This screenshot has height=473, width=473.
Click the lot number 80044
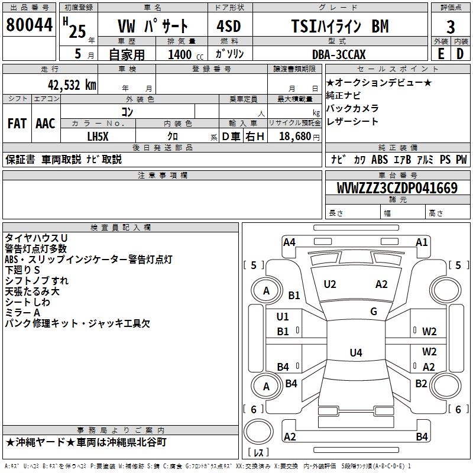coord(28,25)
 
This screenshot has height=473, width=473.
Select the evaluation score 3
coord(451,27)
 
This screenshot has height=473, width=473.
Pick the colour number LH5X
coord(98,136)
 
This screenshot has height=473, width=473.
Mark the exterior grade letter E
coord(440,54)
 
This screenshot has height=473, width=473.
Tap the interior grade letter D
coord(460,54)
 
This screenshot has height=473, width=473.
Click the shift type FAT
coord(17,124)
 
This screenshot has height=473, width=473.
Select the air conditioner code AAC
coord(46,124)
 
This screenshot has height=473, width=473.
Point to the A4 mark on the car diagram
coord(289,242)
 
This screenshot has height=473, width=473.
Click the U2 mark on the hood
coord(330,284)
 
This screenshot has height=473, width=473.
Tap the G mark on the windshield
coord(374,311)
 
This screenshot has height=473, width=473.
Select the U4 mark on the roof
coord(355,353)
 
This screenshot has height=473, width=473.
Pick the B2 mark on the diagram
coord(421,384)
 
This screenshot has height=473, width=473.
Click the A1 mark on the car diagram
coord(422,242)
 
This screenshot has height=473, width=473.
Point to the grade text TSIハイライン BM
coord(340,27)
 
